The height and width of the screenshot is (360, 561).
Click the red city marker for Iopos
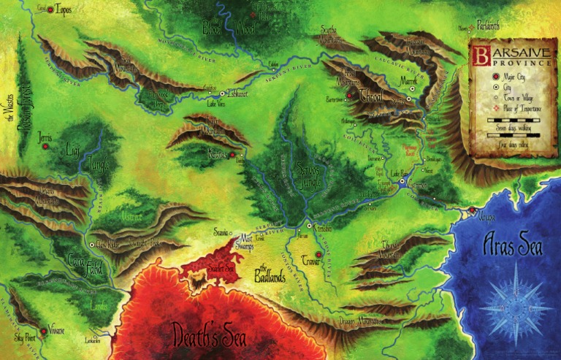pyautogui.click(x=50, y=10)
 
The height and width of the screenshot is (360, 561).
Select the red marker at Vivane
pyautogui.click(x=44, y=332)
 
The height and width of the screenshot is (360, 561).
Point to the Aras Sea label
pyautogui.click(x=513, y=246)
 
